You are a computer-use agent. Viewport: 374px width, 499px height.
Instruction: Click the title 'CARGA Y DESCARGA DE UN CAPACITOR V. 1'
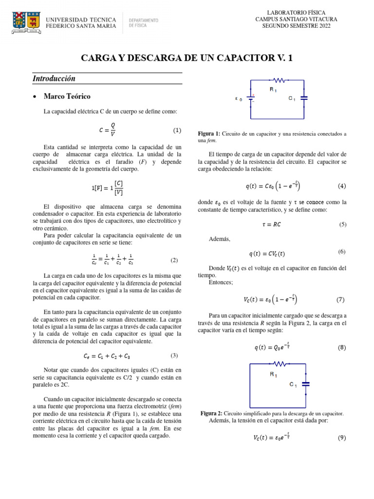[187, 58]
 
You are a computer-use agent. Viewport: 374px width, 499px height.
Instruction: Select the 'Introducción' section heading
[54, 78]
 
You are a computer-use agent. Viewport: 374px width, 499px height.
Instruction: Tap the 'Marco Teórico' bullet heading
[67, 96]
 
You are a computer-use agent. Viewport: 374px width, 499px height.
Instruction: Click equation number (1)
[177, 131]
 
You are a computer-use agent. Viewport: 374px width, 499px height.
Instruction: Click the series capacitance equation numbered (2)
[112, 261]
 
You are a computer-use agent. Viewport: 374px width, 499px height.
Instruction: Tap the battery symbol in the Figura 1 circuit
[251, 98]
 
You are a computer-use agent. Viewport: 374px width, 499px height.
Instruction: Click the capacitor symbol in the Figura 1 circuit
[304, 98]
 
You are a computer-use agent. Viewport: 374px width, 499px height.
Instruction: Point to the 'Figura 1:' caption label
[209, 134]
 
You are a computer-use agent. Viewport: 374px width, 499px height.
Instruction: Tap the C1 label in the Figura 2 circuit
[293, 385]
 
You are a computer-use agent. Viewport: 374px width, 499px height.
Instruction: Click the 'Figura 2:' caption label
[212, 413]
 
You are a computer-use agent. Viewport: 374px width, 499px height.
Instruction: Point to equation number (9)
[341, 438]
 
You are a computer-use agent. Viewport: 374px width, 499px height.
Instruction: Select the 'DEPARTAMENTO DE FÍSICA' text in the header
[143, 22]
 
